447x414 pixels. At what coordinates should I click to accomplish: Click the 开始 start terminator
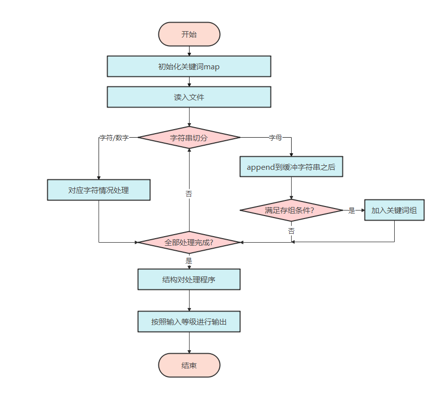[x=189, y=35]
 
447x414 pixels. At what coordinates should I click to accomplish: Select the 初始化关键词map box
[x=189, y=66]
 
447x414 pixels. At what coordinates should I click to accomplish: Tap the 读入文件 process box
[x=189, y=97]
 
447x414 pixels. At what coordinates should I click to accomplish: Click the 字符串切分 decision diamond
[x=189, y=138]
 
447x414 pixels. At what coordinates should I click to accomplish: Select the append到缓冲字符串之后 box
[x=291, y=167]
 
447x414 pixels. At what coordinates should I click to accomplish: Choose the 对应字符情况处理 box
[x=99, y=190]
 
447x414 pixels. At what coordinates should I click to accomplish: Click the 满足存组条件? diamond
[x=291, y=211]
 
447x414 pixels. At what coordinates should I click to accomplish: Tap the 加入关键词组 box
[x=394, y=211]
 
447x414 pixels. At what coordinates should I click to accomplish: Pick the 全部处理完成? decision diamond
[x=189, y=243]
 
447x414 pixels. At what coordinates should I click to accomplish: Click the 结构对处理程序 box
[x=189, y=279]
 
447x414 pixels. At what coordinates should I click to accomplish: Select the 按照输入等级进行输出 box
[x=189, y=322]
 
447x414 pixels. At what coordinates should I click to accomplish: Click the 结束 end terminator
[x=189, y=365]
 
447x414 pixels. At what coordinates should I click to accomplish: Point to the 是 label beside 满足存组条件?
[x=351, y=211]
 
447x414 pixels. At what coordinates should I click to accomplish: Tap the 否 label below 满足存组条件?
[x=292, y=231]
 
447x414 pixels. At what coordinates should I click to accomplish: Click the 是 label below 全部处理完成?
[x=189, y=261]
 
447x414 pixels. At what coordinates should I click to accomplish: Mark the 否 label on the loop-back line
[x=189, y=194]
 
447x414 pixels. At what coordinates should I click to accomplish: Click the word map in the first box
[x=212, y=67]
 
